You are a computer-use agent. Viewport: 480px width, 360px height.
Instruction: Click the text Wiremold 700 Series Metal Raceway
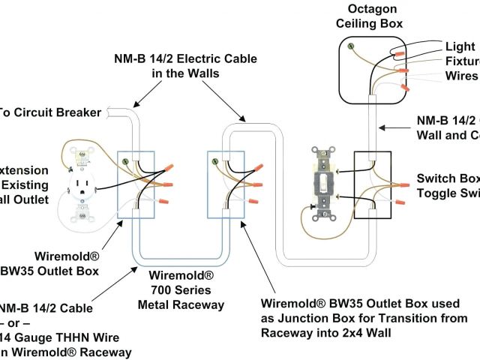[x=181, y=289]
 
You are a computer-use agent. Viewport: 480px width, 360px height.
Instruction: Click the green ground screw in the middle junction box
[x=217, y=159]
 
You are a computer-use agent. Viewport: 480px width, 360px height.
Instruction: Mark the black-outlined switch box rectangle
[x=373, y=184]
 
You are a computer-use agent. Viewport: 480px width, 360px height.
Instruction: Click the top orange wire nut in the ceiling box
[x=400, y=54]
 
